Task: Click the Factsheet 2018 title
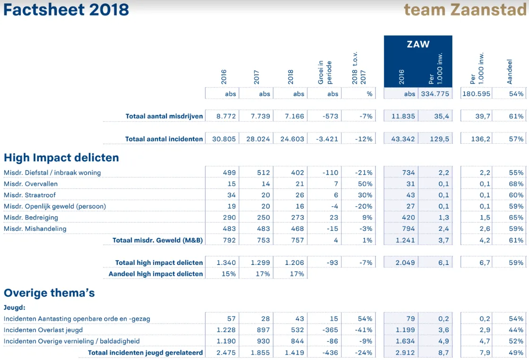[x=66, y=9]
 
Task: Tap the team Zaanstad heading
[x=466, y=9]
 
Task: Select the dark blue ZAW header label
[x=418, y=44]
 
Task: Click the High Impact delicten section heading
[x=61, y=158]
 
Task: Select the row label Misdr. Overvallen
[x=31, y=184]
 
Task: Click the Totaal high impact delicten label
[x=159, y=263]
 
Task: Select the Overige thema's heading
[x=49, y=293]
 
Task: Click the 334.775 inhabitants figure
[x=435, y=94]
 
